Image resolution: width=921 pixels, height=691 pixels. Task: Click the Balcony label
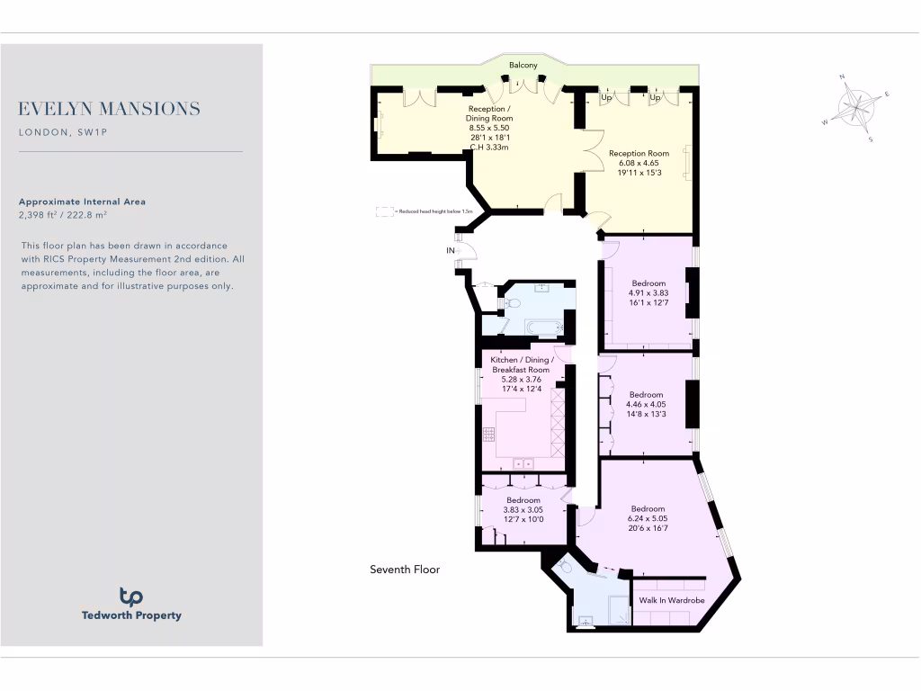click(523, 66)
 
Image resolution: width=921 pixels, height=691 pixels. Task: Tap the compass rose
click(855, 108)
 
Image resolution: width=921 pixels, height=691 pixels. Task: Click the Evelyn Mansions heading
click(109, 109)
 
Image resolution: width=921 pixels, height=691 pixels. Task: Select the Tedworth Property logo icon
click(131, 597)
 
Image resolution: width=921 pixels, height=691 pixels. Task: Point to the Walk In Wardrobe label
click(671, 600)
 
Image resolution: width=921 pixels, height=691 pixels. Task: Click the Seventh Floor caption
click(405, 570)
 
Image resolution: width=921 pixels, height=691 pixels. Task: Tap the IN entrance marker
click(451, 250)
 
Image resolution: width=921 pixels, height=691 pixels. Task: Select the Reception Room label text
click(639, 154)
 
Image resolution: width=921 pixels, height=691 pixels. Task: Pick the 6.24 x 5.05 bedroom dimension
click(648, 518)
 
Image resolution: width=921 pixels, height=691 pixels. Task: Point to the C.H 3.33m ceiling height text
click(489, 148)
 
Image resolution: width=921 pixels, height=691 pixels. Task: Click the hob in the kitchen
click(489, 434)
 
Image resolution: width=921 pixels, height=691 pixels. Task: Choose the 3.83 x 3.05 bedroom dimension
click(523, 509)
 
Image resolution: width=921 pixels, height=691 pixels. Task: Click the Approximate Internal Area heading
click(82, 202)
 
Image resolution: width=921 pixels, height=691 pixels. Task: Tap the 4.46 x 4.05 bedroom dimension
click(646, 404)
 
